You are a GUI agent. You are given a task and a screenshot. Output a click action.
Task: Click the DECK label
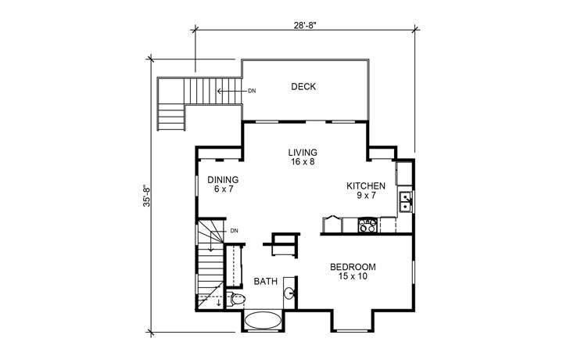303,87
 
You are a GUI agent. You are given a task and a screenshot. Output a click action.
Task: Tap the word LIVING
303,153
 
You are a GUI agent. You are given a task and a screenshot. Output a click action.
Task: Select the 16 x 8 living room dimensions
303,163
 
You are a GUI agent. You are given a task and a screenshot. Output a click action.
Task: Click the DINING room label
223,179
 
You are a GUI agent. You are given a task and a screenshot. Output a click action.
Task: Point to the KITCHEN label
366,185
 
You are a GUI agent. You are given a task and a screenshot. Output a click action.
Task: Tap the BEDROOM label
353,266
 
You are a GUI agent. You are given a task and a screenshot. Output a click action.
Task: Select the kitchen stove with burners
367,226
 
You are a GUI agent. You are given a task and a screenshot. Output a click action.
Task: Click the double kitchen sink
405,201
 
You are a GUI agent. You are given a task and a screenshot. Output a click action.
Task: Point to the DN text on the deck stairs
252,91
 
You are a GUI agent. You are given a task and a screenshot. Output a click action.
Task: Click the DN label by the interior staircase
234,231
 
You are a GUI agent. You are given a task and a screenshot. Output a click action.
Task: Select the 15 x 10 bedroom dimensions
353,276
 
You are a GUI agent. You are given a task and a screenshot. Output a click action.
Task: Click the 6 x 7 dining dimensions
223,189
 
